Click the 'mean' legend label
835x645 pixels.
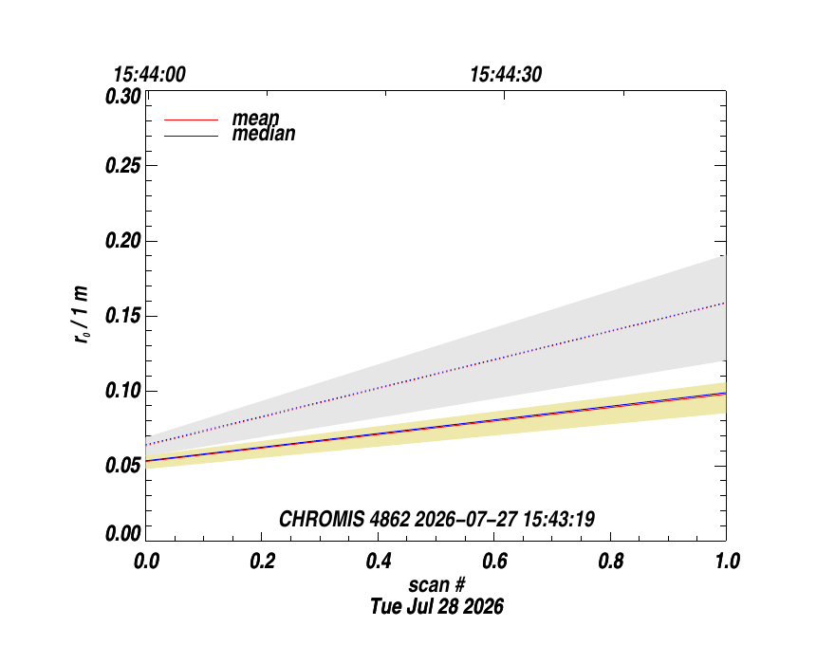tap(255, 119)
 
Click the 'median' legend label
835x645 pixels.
tap(264, 134)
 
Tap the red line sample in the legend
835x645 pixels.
tap(191, 120)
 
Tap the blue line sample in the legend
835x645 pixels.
tap(191, 137)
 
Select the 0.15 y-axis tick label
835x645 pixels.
tap(123, 316)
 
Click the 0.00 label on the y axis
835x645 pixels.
tap(123, 533)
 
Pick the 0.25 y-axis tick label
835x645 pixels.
tap(123, 166)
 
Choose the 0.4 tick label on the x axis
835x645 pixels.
tap(379, 561)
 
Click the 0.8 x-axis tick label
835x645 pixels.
tap(611, 561)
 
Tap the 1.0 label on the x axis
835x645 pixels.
tap(727, 561)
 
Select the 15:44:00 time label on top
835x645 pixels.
tap(150, 75)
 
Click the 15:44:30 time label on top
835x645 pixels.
tap(506, 75)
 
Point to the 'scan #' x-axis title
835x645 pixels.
tap(437, 585)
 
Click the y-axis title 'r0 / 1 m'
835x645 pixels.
tap(82, 314)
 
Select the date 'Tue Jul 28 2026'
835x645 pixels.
tap(437, 607)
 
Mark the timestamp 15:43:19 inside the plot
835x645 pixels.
tap(559, 519)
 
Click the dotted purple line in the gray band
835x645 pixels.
tap(436, 374)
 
